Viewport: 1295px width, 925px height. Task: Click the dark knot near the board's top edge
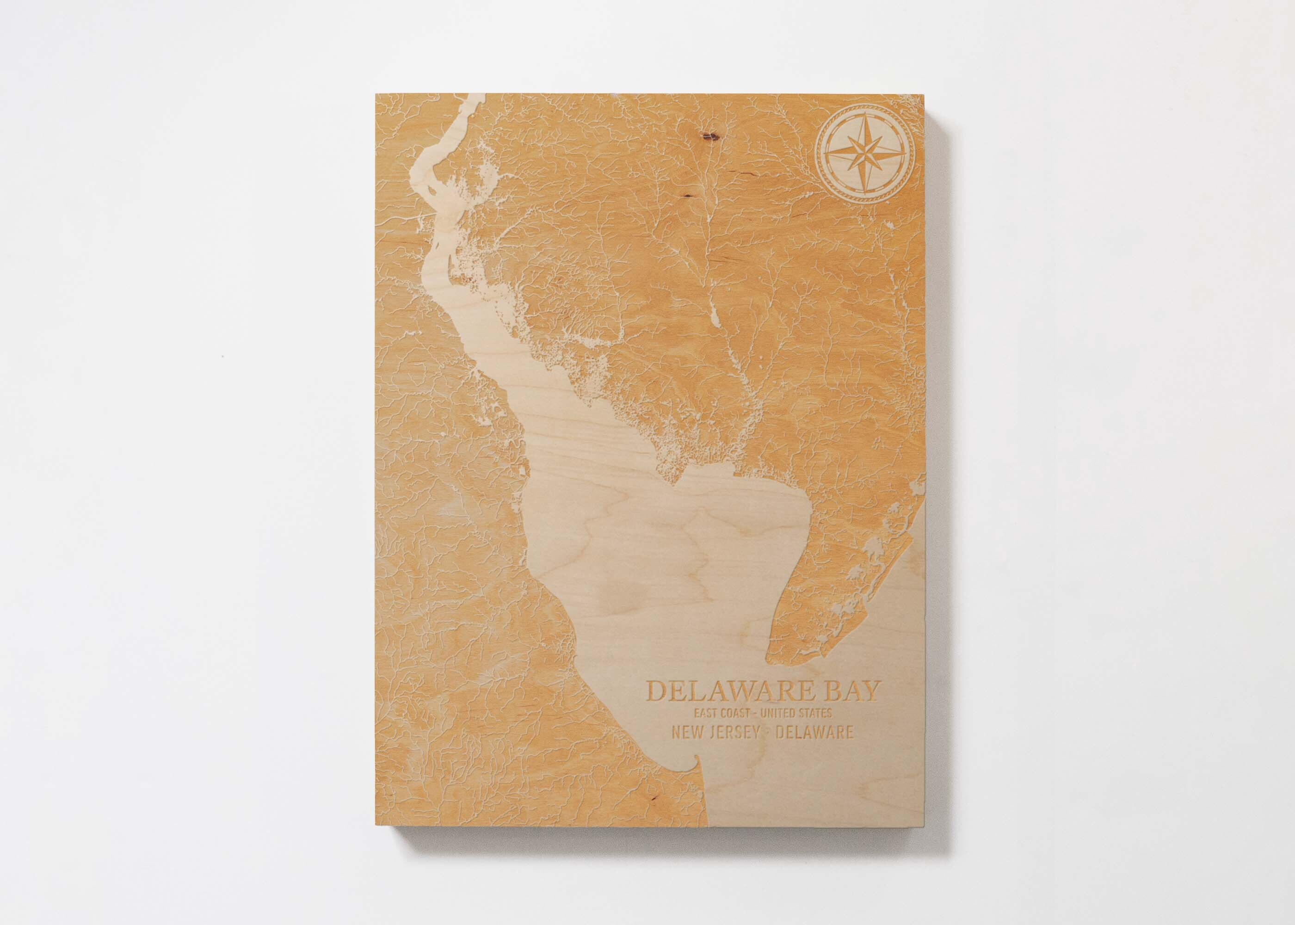point(709,135)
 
